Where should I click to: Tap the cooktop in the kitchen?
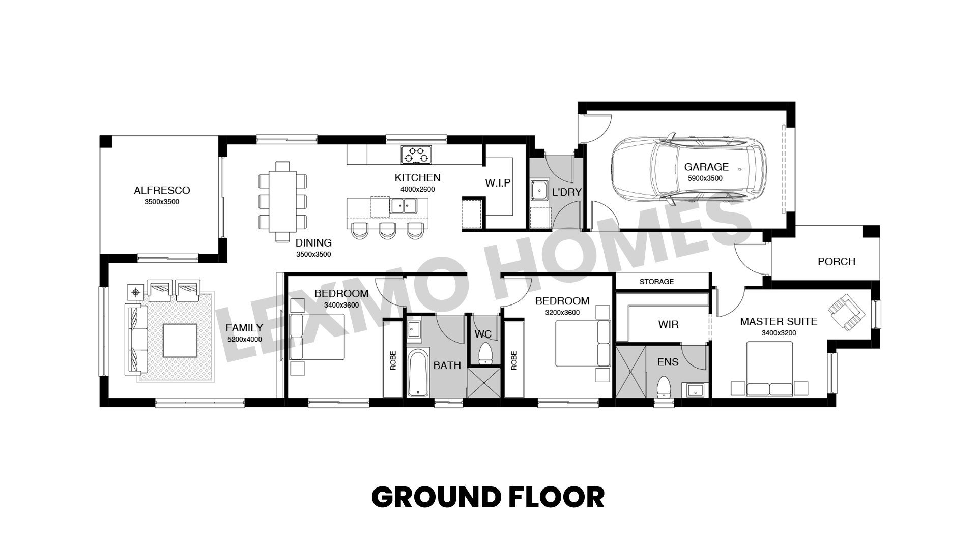point(416,155)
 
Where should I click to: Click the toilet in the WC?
point(486,352)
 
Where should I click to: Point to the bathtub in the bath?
point(418,372)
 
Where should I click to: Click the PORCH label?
point(837,262)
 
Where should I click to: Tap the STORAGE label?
point(656,282)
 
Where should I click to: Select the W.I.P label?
point(498,183)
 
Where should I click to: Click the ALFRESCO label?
point(162,191)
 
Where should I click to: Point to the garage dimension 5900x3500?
point(705,178)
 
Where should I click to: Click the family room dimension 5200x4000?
point(245,340)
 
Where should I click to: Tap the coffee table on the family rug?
point(180,341)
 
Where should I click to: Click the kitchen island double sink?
point(404,206)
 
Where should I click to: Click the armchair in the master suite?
point(846,312)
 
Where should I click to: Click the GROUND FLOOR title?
point(488,498)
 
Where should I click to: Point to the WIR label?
point(668,325)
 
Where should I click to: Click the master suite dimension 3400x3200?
point(779,333)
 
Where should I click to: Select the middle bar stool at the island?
point(387,230)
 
